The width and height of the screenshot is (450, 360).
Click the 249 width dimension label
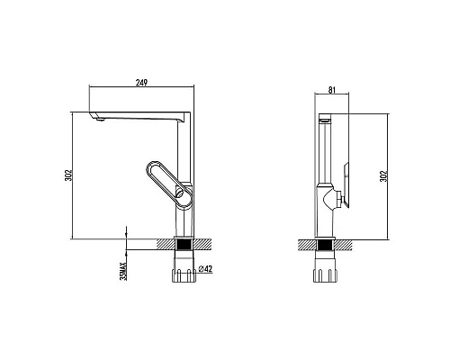[x=141, y=83]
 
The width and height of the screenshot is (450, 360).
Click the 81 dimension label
[x=332, y=90]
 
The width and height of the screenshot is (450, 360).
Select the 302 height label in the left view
[x=68, y=175]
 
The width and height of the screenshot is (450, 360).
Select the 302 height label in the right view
[x=383, y=176]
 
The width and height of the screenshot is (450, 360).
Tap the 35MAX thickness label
[x=123, y=271]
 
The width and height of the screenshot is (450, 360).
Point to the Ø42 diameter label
[x=205, y=269]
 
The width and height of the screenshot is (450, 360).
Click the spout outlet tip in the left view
[x=100, y=120]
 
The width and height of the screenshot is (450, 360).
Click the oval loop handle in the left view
[x=168, y=184]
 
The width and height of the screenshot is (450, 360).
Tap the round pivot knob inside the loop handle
[x=179, y=191]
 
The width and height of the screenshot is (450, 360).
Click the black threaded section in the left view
[x=184, y=245]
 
